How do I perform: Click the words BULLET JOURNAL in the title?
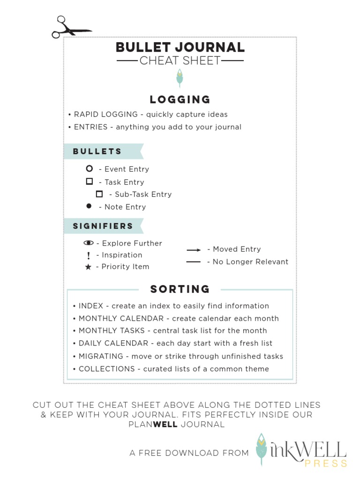tap(180, 47)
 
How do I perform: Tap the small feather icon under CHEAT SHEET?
tap(179, 78)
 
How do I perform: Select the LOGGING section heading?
tap(180, 99)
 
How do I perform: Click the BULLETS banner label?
tap(97, 151)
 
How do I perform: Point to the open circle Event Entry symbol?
tap(89, 169)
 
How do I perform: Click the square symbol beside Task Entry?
tap(89, 181)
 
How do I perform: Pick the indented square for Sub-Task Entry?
tap(99, 194)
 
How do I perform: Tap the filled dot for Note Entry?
tap(89, 206)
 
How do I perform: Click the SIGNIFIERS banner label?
tap(103, 226)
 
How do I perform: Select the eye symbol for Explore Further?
tap(89, 243)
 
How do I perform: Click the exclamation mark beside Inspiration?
tap(88, 255)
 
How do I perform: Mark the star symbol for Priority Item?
tap(88, 267)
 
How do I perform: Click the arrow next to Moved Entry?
tap(194, 250)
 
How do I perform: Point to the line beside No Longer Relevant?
tap(194, 262)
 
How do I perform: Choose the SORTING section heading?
tap(180, 289)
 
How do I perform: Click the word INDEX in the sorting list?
tap(91, 306)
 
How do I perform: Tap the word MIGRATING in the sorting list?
tap(101, 356)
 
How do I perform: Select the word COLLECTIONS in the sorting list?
tap(106, 369)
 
